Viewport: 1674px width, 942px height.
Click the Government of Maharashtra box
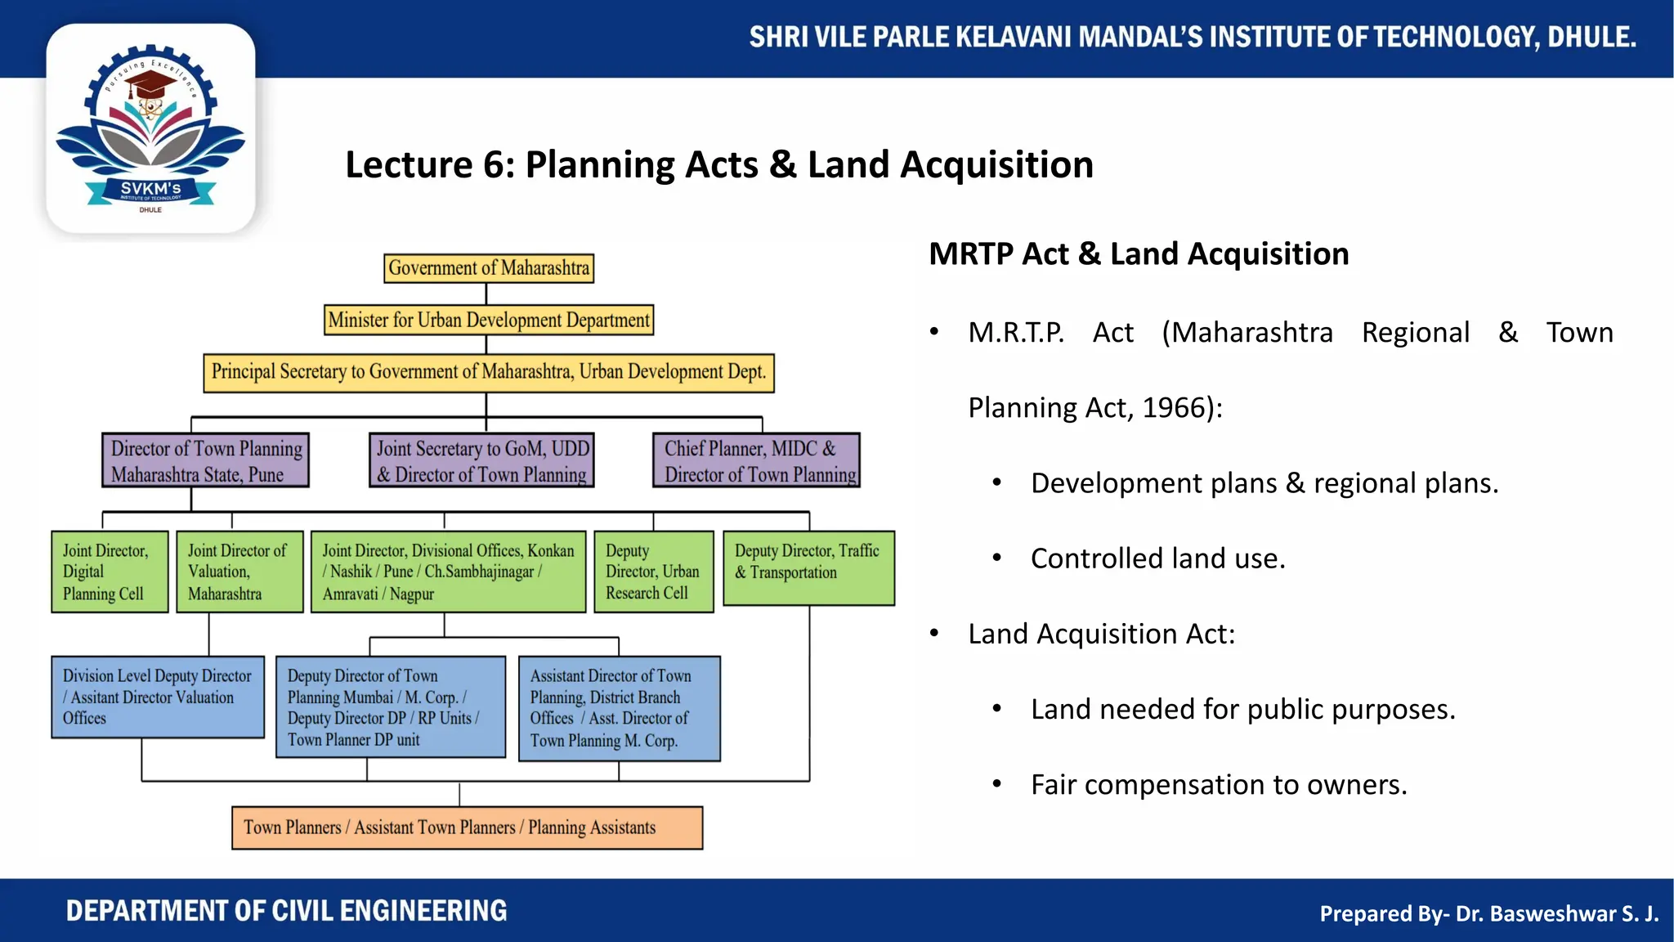tap(489, 268)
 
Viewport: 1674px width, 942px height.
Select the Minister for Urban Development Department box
tap(489, 320)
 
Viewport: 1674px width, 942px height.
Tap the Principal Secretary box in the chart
tap(489, 372)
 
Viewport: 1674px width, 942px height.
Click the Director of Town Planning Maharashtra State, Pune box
tap(205, 460)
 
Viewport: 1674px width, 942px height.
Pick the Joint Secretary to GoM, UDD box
tap(481, 460)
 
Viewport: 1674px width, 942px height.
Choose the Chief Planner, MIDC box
tap(756, 460)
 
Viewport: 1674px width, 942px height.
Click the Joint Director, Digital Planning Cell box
tap(110, 572)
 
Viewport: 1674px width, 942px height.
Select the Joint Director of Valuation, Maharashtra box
tap(239, 572)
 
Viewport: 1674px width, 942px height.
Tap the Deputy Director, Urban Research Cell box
tap(653, 572)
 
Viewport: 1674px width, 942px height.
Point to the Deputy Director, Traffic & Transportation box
tap(808, 568)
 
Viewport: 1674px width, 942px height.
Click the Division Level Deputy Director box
tap(158, 697)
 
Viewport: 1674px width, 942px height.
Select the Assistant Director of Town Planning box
tap(619, 708)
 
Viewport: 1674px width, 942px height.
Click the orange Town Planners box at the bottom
tap(467, 828)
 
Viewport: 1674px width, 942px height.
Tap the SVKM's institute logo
tap(150, 129)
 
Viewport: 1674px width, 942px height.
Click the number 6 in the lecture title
tap(494, 165)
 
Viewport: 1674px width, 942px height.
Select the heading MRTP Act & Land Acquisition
tap(1139, 254)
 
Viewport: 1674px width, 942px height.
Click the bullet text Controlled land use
tap(1157, 558)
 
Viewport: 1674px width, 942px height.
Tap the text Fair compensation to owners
tap(1218, 785)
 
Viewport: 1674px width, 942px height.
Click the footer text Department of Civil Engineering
tap(286, 911)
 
